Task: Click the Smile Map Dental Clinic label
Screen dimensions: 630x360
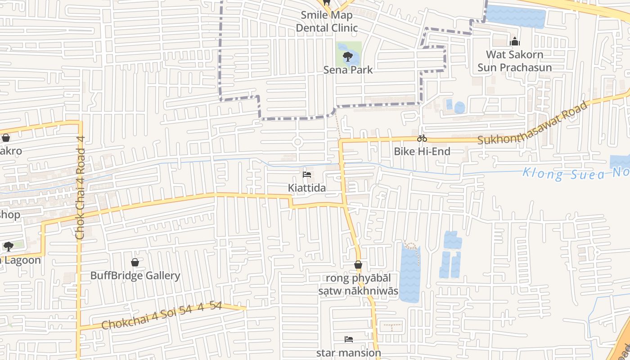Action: [327, 21]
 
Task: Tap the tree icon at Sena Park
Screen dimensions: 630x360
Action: [347, 57]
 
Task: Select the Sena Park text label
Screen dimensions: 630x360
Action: [348, 70]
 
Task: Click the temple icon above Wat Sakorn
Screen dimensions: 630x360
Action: [514, 42]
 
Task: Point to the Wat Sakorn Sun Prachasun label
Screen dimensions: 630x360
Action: [514, 61]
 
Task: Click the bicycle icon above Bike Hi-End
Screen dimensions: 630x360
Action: [422, 139]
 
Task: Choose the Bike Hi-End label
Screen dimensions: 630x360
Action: [422, 151]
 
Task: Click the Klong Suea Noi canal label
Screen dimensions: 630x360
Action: [576, 173]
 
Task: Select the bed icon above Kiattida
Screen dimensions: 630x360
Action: [307, 175]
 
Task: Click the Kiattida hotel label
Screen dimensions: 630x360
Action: [307, 188]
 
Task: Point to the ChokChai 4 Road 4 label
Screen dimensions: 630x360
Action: [80, 188]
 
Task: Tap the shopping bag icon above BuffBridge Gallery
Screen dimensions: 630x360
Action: [135, 262]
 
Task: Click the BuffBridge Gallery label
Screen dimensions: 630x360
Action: [135, 275]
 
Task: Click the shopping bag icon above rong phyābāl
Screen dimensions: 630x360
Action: [358, 265]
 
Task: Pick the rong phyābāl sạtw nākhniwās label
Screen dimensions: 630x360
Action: [358, 284]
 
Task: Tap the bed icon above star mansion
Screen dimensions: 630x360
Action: [348, 339]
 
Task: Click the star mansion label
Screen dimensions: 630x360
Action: [348, 352]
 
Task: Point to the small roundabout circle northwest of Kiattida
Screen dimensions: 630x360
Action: [297, 142]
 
